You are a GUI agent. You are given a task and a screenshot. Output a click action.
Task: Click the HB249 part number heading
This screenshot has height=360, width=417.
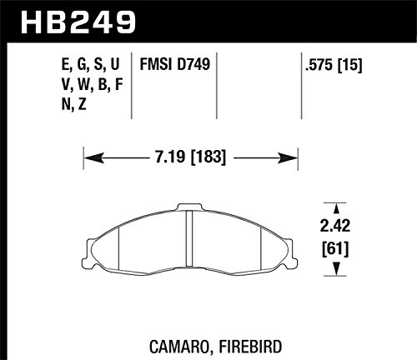coord(78,22)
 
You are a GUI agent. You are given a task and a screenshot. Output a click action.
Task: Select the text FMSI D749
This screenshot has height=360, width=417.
coord(175,64)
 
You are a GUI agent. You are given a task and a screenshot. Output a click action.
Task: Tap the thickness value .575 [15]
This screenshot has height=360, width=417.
coord(334,65)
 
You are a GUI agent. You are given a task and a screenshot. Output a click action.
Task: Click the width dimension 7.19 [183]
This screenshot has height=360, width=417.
coord(190,157)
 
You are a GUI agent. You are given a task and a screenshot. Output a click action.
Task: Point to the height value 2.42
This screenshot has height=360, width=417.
coord(335,226)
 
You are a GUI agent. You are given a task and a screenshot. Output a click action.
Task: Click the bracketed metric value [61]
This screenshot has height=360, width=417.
coord(335,249)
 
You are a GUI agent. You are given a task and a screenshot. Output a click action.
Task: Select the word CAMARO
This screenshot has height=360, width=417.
coord(179,347)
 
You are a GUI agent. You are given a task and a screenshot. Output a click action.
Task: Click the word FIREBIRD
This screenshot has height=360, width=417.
coord(250,347)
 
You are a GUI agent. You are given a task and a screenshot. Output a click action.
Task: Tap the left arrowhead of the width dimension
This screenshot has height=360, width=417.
coord(94,158)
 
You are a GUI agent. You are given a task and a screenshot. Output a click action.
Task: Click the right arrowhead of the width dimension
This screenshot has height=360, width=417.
coord(288,158)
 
